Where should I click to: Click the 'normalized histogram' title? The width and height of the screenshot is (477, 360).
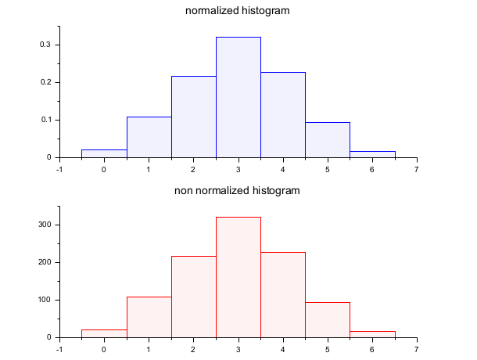coord(237,11)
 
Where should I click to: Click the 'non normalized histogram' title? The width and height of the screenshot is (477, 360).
coord(237,191)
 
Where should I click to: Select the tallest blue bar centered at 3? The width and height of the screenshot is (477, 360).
coord(238,98)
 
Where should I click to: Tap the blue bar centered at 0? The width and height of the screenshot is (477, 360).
coord(104,153)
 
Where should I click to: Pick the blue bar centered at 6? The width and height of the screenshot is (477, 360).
coord(372,154)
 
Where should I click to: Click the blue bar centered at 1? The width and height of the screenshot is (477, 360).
coord(149,137)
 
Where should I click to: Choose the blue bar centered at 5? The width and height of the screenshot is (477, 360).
coord(328,140)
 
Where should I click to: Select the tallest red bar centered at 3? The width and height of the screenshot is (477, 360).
coord(238,278)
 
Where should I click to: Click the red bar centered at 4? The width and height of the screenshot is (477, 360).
coord(283,295)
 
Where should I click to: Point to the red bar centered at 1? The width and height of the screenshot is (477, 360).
coord(149,317)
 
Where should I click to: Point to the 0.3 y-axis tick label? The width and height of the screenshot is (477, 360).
coord(46,45)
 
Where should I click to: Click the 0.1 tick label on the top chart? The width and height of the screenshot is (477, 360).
coord(46,120)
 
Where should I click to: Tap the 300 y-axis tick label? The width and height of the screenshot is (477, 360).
coord(44,225)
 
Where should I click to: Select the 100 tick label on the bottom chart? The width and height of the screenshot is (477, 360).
coord(44,300)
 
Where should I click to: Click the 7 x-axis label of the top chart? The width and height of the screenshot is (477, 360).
coord(417,168)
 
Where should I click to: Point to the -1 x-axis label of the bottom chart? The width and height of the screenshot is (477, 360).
coord(59,348)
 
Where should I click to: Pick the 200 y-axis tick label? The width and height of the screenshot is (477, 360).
coord(44,262)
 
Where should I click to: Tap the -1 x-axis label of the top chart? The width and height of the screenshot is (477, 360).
coord(59,168)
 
